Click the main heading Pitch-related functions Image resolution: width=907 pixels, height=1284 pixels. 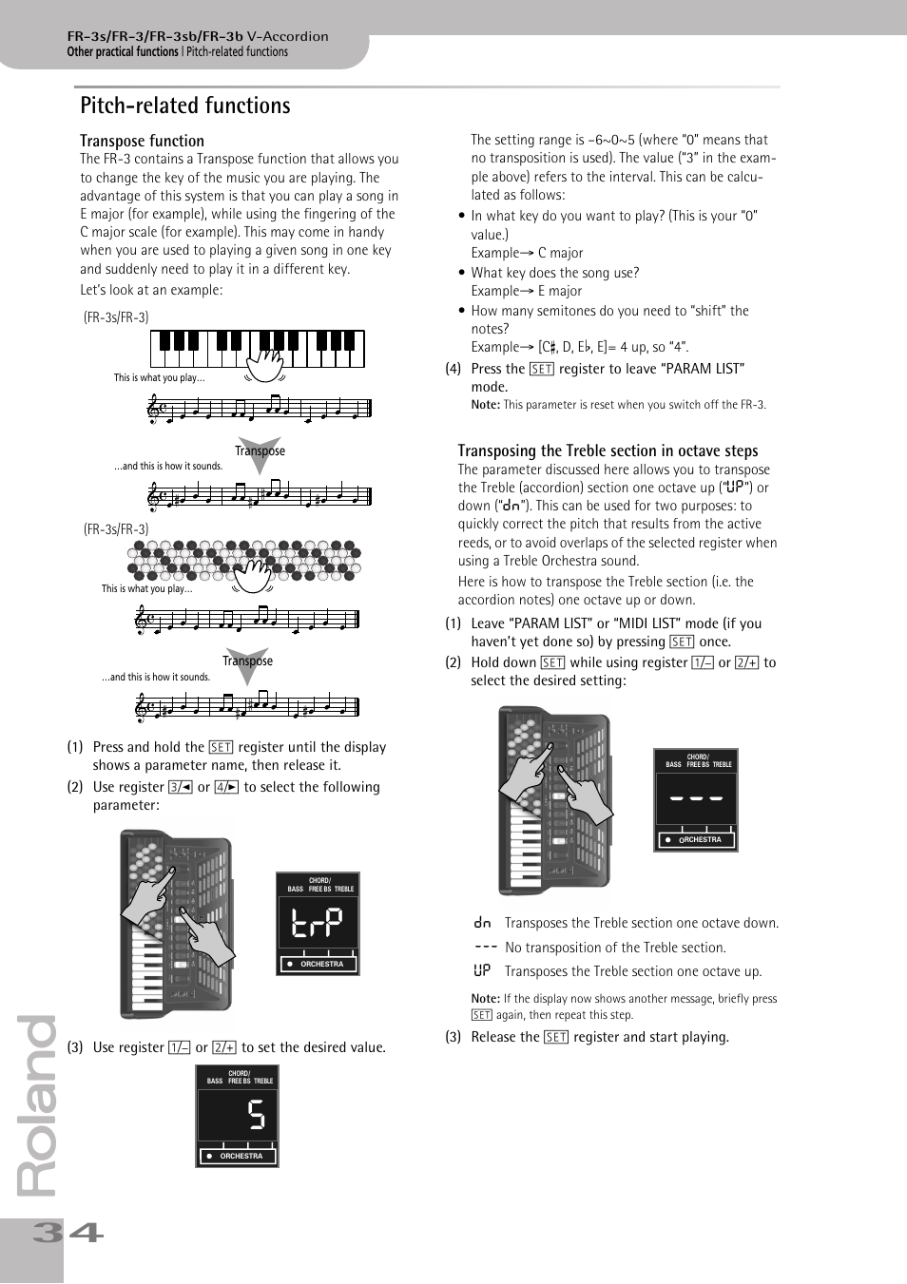click(x=185, y=105)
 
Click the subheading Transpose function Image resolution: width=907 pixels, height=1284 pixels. click(x=142, y=141)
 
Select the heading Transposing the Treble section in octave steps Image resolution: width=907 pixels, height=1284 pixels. click(x=608, y=450)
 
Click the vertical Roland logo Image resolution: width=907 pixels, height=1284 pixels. click(x=38, y=1107)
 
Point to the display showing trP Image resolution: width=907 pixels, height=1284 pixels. click(x=318, y=923)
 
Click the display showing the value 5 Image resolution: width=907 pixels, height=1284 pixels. click(x=237, y=1115)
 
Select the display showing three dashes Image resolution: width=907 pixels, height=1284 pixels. click(x=696, y=799)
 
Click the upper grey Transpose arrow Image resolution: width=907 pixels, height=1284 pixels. click(x=260, y=453)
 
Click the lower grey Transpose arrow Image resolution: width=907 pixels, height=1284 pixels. click(x=247, y=663)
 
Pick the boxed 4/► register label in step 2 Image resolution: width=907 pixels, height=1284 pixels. click(x=226, y=787)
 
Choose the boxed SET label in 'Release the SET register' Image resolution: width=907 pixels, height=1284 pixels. click(x=556, y=1037)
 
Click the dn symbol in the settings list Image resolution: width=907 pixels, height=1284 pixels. click(x=482, y=923)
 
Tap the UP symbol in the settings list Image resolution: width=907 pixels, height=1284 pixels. click(x=482, y=970)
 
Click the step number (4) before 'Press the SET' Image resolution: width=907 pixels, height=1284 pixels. click(x=453, y=369)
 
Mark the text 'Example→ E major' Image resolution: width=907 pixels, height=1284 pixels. click(x=526, y=291)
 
